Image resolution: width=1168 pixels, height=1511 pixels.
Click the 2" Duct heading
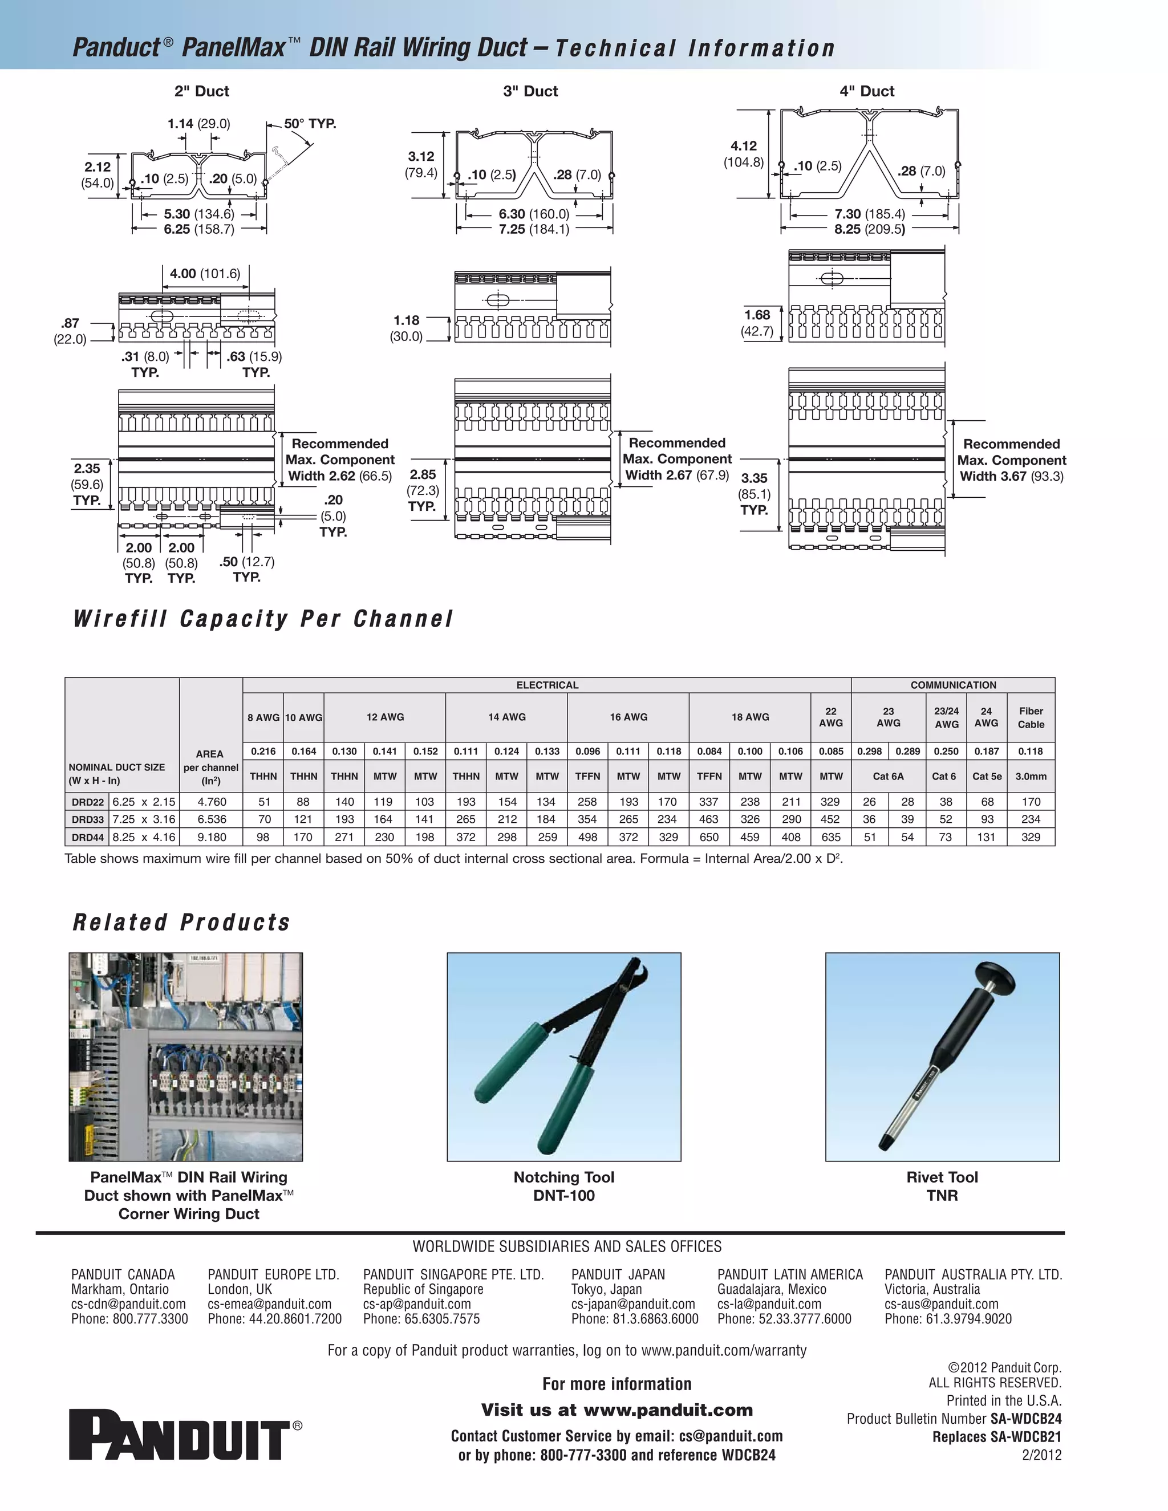click(201, 91)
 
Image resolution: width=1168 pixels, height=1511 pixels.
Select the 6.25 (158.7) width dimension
click(198, 229)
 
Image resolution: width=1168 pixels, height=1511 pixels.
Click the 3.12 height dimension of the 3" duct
click(421, 157)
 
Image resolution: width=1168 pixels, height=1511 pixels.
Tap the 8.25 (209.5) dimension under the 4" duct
click(869, 229)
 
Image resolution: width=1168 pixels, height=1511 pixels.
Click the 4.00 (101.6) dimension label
click(205, 273)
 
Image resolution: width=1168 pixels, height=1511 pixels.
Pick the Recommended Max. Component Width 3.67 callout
click(1011, 460)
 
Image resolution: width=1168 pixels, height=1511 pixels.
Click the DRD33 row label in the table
click(87, 819)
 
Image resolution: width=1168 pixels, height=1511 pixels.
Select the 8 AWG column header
click(263, 717)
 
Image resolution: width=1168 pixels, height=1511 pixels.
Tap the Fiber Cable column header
click(1031, 717)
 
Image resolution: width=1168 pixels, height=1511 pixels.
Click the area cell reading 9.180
click(210, 837)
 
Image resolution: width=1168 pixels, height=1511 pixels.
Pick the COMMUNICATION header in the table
click(953, 685)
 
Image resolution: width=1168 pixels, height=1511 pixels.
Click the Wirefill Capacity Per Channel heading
click(263, 619)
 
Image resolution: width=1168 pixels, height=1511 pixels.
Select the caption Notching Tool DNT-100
click(563, 1186)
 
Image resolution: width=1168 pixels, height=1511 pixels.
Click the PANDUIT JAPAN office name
click(617, 1274)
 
